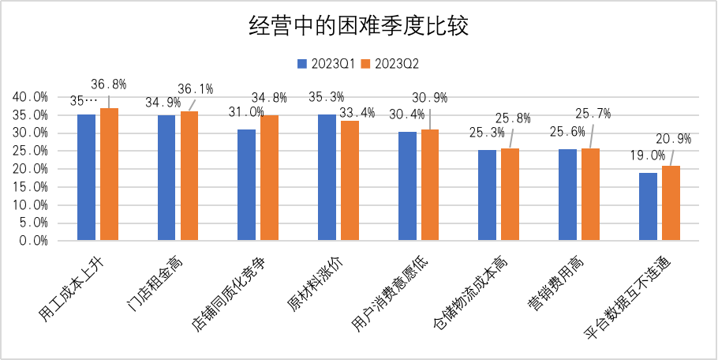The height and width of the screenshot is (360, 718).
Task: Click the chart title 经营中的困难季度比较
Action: pos(358,26)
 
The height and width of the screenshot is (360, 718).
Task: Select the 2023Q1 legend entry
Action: pos(325,62)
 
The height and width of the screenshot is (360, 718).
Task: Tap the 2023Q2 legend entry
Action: pos(388,62)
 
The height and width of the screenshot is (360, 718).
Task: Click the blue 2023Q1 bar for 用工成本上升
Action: pos(86,177)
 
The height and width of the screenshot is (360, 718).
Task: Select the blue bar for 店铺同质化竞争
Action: pos(246,185)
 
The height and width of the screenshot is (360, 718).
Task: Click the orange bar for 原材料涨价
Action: pos(350,180)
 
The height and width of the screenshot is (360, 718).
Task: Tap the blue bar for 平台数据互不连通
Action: pos(648,206)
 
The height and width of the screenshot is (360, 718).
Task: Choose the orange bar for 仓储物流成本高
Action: pos(510,194)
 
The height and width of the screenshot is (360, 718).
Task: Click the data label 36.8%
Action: pos(109,84)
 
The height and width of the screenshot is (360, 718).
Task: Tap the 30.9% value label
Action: pos(429,98)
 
